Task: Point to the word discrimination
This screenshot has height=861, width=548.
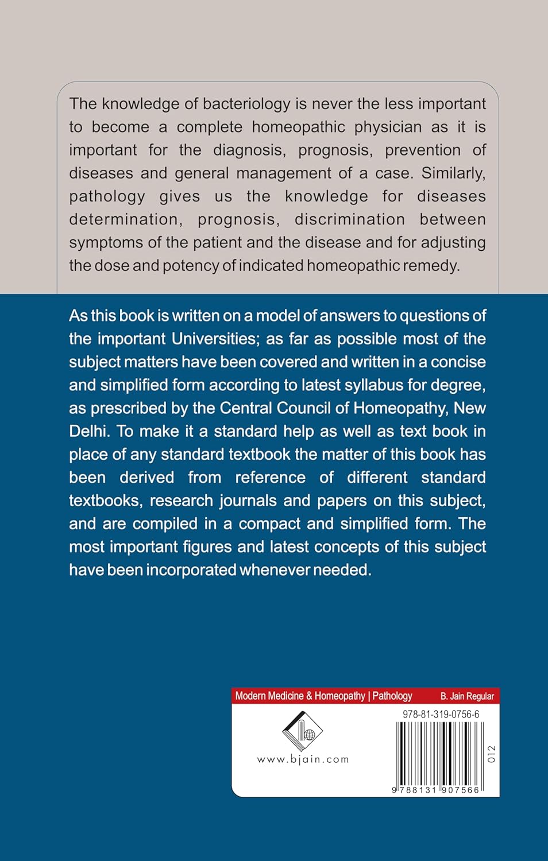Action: pyautogui.click(x=349, y=219)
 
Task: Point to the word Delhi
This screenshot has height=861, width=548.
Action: pyautogui.click(x=90, y=431)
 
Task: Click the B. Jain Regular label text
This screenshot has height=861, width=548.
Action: pyautogui.click(x=467, y=696)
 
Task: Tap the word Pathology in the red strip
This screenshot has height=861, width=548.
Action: pyautogui.click(x=392, y=696)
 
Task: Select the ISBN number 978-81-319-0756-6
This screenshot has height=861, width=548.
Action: pyautogui.click(x=441, y=715)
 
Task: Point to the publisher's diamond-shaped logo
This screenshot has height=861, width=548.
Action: pyautogui.click(x=302, y=731)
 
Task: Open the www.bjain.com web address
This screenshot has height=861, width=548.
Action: pyautogui.click(x=303, y=759)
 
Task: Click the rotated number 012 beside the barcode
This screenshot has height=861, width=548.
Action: pyautogui.click(x=491, y=754)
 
